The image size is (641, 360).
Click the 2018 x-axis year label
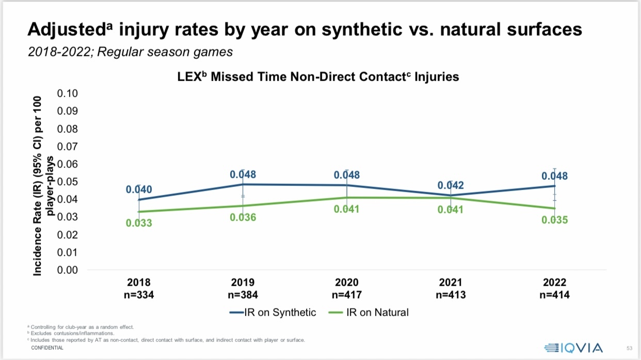[x=139, y=283]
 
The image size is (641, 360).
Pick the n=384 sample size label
[x=243, y=295]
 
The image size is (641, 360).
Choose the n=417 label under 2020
[x=347, y=295]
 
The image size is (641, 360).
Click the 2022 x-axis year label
[x=554, y=283]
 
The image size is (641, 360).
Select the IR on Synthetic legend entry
[x=273, y=312]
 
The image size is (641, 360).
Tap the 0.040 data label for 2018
[x=139, y=190]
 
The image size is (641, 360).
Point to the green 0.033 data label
[x=139, y=223]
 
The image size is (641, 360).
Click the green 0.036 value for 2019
[x=243, y=217]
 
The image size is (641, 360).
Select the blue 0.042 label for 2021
[x=451, y=185]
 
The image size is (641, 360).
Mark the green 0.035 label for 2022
[x=554, y=220]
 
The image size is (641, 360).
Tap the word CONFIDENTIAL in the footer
[x=47, y=348]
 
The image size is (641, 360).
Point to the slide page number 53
[x=629, y=348]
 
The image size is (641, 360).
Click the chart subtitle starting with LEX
[x=315, y=77]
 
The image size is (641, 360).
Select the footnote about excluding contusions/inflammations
[x=72, y=334]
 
